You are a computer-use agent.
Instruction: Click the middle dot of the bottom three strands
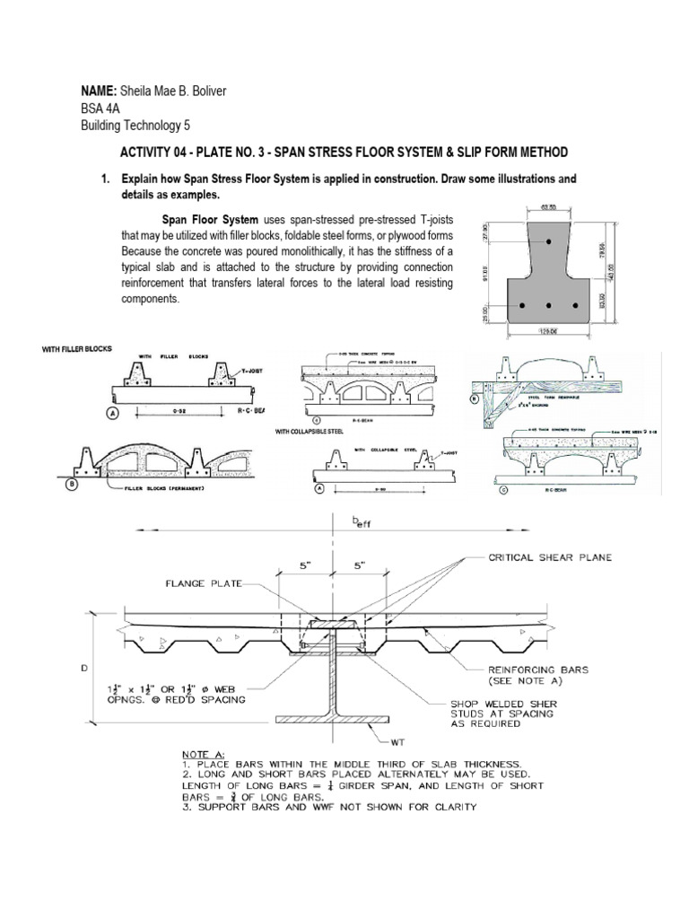pyautogui.click(x=549, y=306)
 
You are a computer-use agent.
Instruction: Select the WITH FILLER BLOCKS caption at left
pyautogui.click(x=75, y=348)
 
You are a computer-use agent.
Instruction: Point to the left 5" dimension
pyautogui.click(x=307, y=567)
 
